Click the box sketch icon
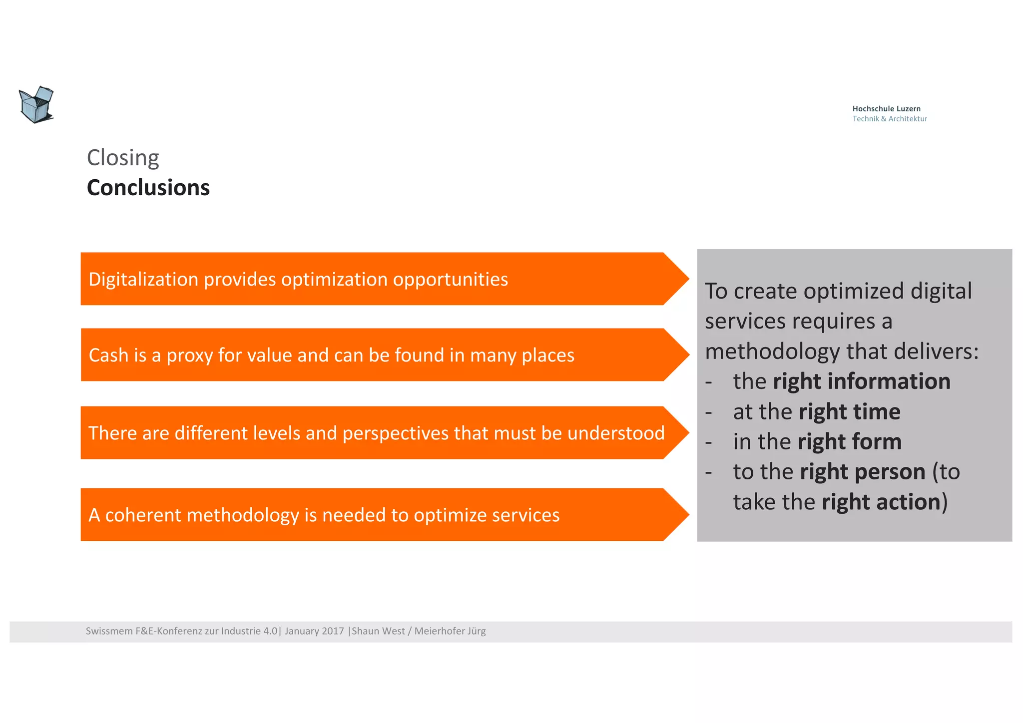tap(36, 104)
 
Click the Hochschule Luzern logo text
tap(886, 109)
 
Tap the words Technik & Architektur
tap(889, 119)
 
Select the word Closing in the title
tap(123, 158)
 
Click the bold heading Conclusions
tap(148, 188)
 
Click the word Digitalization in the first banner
tap(143, 279)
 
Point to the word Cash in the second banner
tap(108, 355)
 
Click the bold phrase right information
tap(861, 381)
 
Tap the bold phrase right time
tap(849, 412)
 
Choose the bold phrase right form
tap(849, 442)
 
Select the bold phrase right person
tap(862, 472)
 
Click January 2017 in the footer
tap(314, 631)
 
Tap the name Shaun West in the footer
tap(379, 631)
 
